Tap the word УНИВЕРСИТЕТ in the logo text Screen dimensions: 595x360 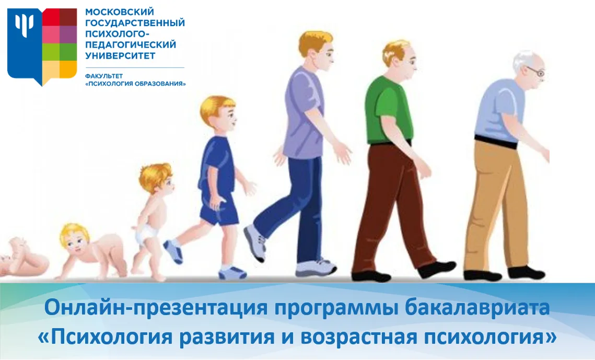tap(120, 56)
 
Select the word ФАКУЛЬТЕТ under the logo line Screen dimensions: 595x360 tap(104, 76)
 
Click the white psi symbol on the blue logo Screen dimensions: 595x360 tap(24, 24)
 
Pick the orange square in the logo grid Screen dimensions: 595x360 tap(68, 68)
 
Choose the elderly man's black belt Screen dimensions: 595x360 tap(496, 141)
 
